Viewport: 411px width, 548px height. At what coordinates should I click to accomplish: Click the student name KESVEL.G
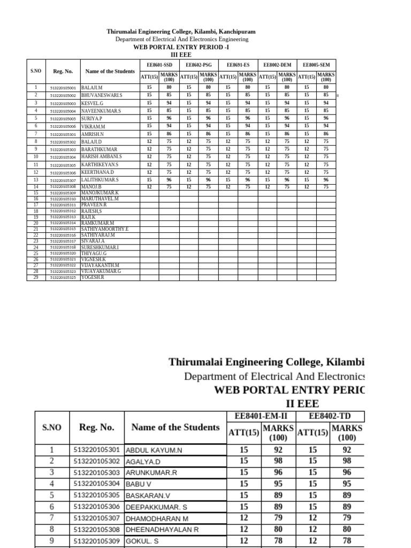[93, 103]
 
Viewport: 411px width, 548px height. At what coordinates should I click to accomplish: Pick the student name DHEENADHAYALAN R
[162, 529]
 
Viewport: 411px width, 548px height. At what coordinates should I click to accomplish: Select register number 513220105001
[63, 88]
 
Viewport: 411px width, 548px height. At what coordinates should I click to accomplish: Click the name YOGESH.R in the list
[93, 278]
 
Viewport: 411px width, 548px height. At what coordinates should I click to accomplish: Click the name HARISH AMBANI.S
[102, 157]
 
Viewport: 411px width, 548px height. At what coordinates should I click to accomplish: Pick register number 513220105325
[63, 278]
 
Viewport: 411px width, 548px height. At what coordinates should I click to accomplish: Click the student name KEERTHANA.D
[97, 173]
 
